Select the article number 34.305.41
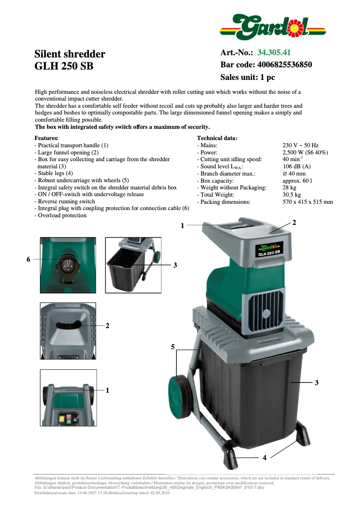[277, 53]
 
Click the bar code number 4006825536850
[284, 65]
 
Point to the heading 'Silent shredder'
[70, 54]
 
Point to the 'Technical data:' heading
[217, 138]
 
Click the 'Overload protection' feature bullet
[61, 215]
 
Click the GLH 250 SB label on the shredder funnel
[269, 250]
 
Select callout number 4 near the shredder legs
[264, 457]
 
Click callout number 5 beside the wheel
[172, 347]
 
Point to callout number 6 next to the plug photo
[28, 259]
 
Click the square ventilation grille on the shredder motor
[265, 315]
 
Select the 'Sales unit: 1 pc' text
[247, 77]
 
